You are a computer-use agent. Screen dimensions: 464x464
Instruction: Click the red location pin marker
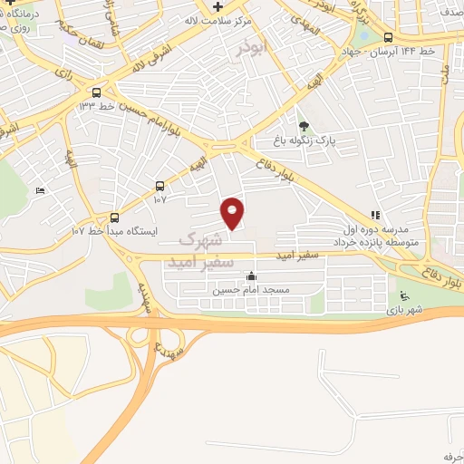233,213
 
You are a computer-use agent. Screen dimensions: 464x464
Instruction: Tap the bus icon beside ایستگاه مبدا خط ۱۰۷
114,217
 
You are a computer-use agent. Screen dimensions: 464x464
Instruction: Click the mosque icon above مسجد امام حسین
251,277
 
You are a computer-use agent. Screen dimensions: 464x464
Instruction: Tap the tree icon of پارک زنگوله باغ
304,126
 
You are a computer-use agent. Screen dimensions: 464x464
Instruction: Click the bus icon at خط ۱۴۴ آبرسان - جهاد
389,37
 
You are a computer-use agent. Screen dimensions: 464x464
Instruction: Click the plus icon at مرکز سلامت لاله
218,7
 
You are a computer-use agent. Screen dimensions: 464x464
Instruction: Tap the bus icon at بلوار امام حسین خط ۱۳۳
96,92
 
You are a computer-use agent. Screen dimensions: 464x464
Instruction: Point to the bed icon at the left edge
38,190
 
